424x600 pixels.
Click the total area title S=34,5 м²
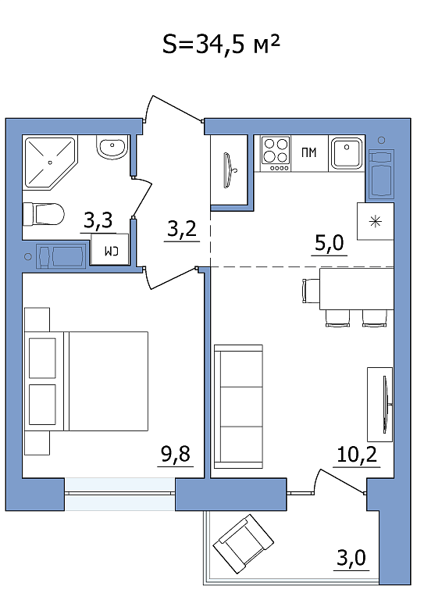[x=221, y=45]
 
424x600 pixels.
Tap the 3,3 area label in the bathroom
[x=98, y=220]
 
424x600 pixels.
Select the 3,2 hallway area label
[x=182, y=229]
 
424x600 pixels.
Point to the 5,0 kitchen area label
[x=330, y=243]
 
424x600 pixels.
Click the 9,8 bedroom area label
[x=176, y=454]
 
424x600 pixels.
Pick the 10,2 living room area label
[x=357, y=455]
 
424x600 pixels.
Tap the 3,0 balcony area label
[x=351, y=558]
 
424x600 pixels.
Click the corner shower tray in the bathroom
[x=50, y=162]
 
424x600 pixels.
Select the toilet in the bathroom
[x=43, y=214]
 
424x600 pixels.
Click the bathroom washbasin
[x=112, y=148]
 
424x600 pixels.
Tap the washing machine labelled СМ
[x=109, y=249]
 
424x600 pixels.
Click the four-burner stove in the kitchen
[x=276, y=154]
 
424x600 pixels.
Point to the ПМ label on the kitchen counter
[x=309, y=152]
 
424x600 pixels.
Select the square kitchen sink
[x=347, y=153]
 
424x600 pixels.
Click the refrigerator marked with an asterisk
[x=375, y=221]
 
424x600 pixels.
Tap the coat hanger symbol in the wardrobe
[x=230, y=170]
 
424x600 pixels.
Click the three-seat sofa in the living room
[x=238, y=406]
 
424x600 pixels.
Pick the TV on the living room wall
[x=387, y=405]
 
